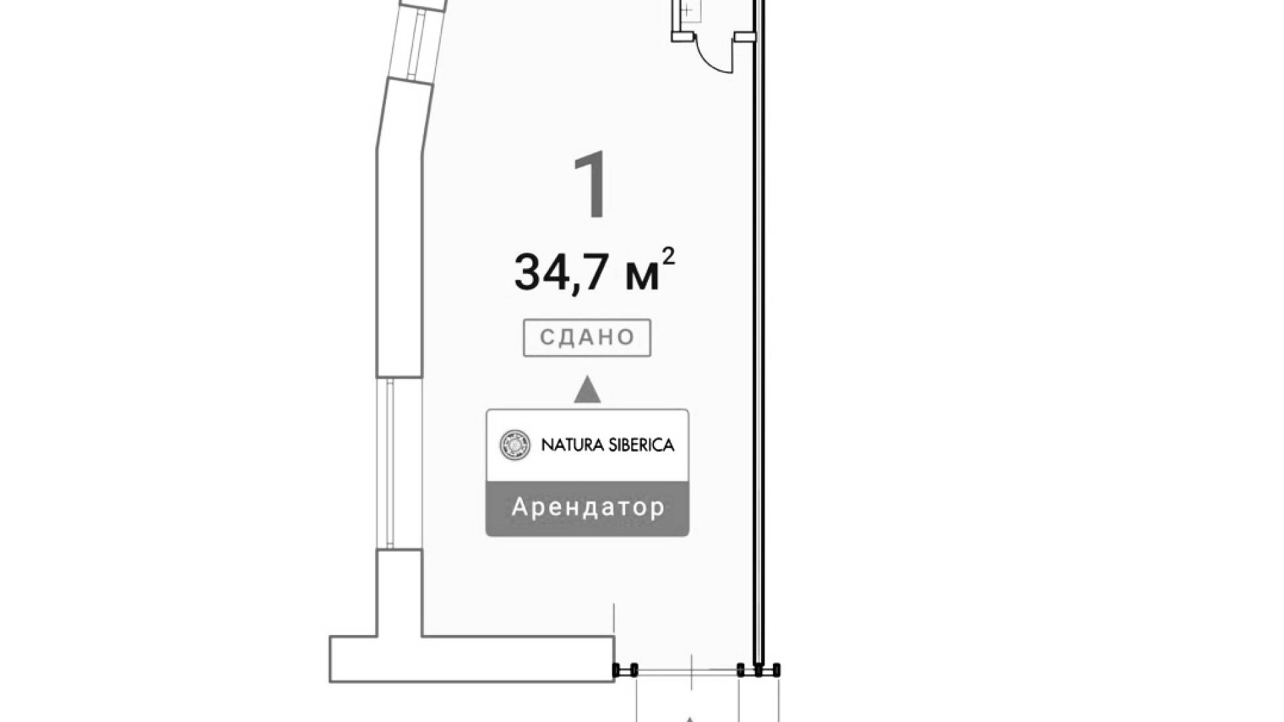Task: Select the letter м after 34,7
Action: (641, 276)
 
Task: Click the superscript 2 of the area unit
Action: (667, 257)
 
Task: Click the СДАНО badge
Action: (586, 338)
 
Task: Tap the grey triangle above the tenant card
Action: (587, 390)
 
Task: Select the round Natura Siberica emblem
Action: (515, 445)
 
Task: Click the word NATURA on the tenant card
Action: (569, 445)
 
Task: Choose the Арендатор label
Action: (588, 507)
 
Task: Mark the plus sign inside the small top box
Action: (687, 10)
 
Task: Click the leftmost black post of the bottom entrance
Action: (617, 669)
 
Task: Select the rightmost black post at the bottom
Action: (776, 669)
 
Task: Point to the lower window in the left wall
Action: (399, 463)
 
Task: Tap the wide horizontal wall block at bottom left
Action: (471, 658)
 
